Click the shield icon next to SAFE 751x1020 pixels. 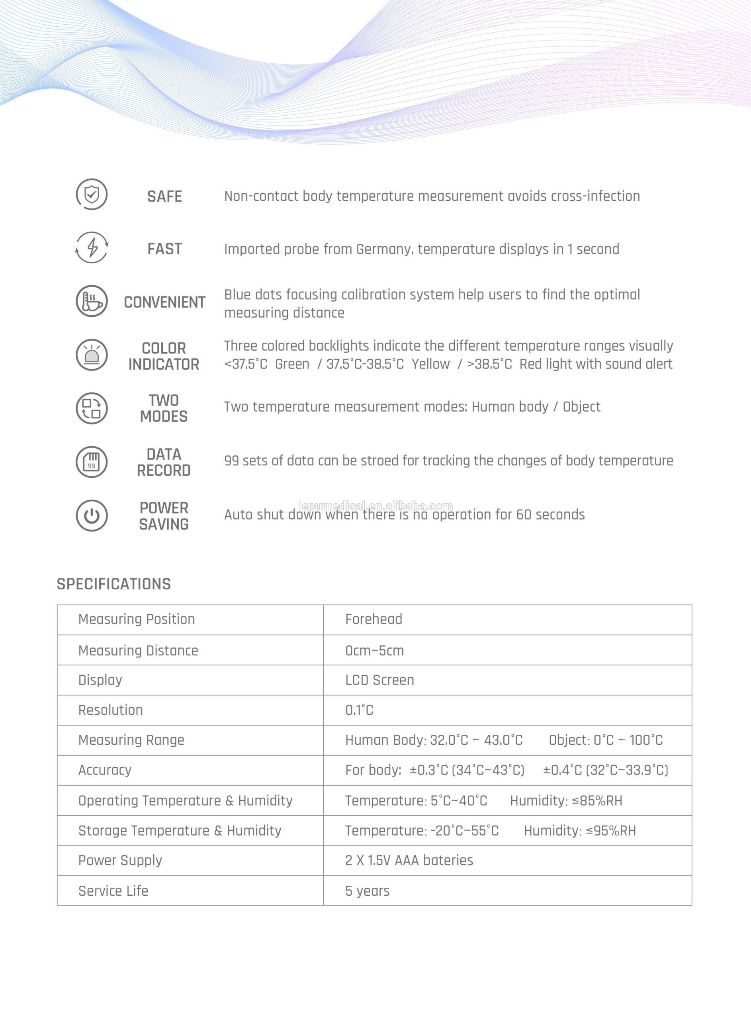pyautogui.click(x=91, y=194)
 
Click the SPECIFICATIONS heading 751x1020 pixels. pyautogui.click(x=113, y=584)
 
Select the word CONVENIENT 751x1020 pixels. pyautogui.click(x=164, y=302)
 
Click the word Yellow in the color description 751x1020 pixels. pyautogui.click(x=430, y=364)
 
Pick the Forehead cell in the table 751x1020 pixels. pyautogui.click(x=374, y=619)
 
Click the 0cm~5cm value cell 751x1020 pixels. pyautogui.click(x=375, y=651)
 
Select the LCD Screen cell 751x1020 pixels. pyautogui.click(x=379, y=680)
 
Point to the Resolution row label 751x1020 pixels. pyautogui.click(x=110, y=710)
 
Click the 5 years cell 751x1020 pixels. pyautogui.click(x=367, y=891)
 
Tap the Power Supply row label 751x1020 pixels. pyautogui.click(x=120, y=860)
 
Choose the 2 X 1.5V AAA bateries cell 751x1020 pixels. pyautogui.click(x=409, y=860)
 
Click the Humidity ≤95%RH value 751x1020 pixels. pyautogui.click(x=580, y=831)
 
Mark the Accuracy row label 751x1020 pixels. pyautogui.click(x=105, y=770)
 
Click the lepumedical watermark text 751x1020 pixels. pyautogui.click(x=375, y=506)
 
